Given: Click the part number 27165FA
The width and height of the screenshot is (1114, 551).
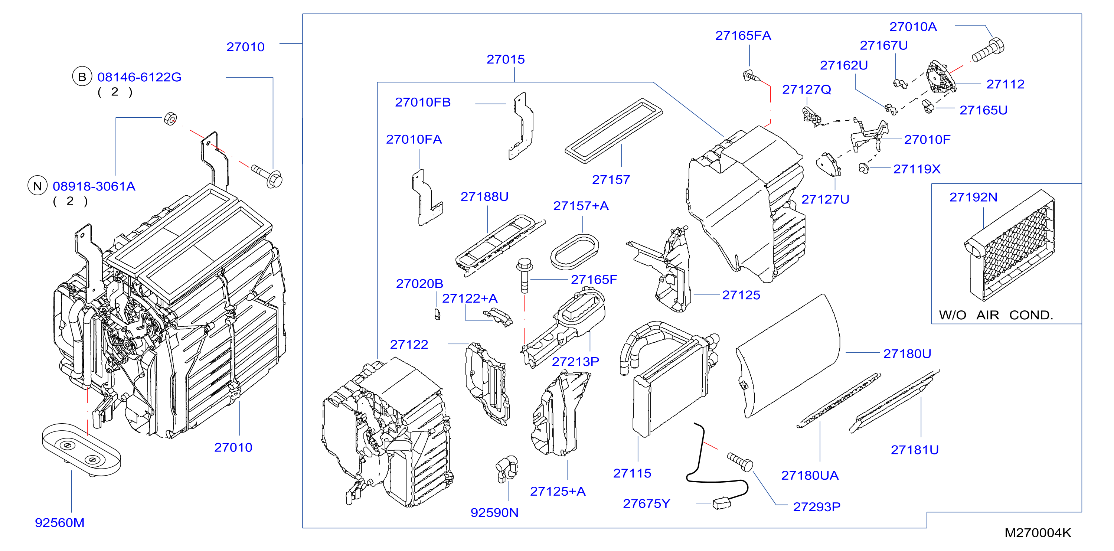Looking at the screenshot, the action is (743, 36).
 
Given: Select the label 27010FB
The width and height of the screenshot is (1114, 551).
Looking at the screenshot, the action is (422, 102).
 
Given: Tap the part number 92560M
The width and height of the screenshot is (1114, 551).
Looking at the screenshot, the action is (60, 522).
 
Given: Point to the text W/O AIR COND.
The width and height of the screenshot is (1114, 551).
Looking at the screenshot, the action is (996, 315).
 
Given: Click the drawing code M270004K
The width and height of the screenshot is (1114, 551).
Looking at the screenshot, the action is (1038, 533).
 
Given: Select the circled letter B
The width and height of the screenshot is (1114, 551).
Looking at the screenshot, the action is (82, 77).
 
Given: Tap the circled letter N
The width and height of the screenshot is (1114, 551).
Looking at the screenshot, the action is (37, 186).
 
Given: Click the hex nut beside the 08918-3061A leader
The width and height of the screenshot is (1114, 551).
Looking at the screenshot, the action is (170, 118).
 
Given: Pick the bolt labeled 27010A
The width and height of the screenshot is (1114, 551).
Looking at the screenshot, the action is (988, 50).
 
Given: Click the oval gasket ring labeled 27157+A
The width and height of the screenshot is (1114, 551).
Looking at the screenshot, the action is (575, 252).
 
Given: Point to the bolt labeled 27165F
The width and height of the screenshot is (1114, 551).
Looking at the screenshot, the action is (525, 275).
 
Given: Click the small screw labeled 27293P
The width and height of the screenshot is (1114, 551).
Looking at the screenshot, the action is (740, 462).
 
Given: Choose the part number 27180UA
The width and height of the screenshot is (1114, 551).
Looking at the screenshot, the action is (810, 475).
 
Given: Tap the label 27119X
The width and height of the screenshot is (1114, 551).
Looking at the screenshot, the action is (917, 169).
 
